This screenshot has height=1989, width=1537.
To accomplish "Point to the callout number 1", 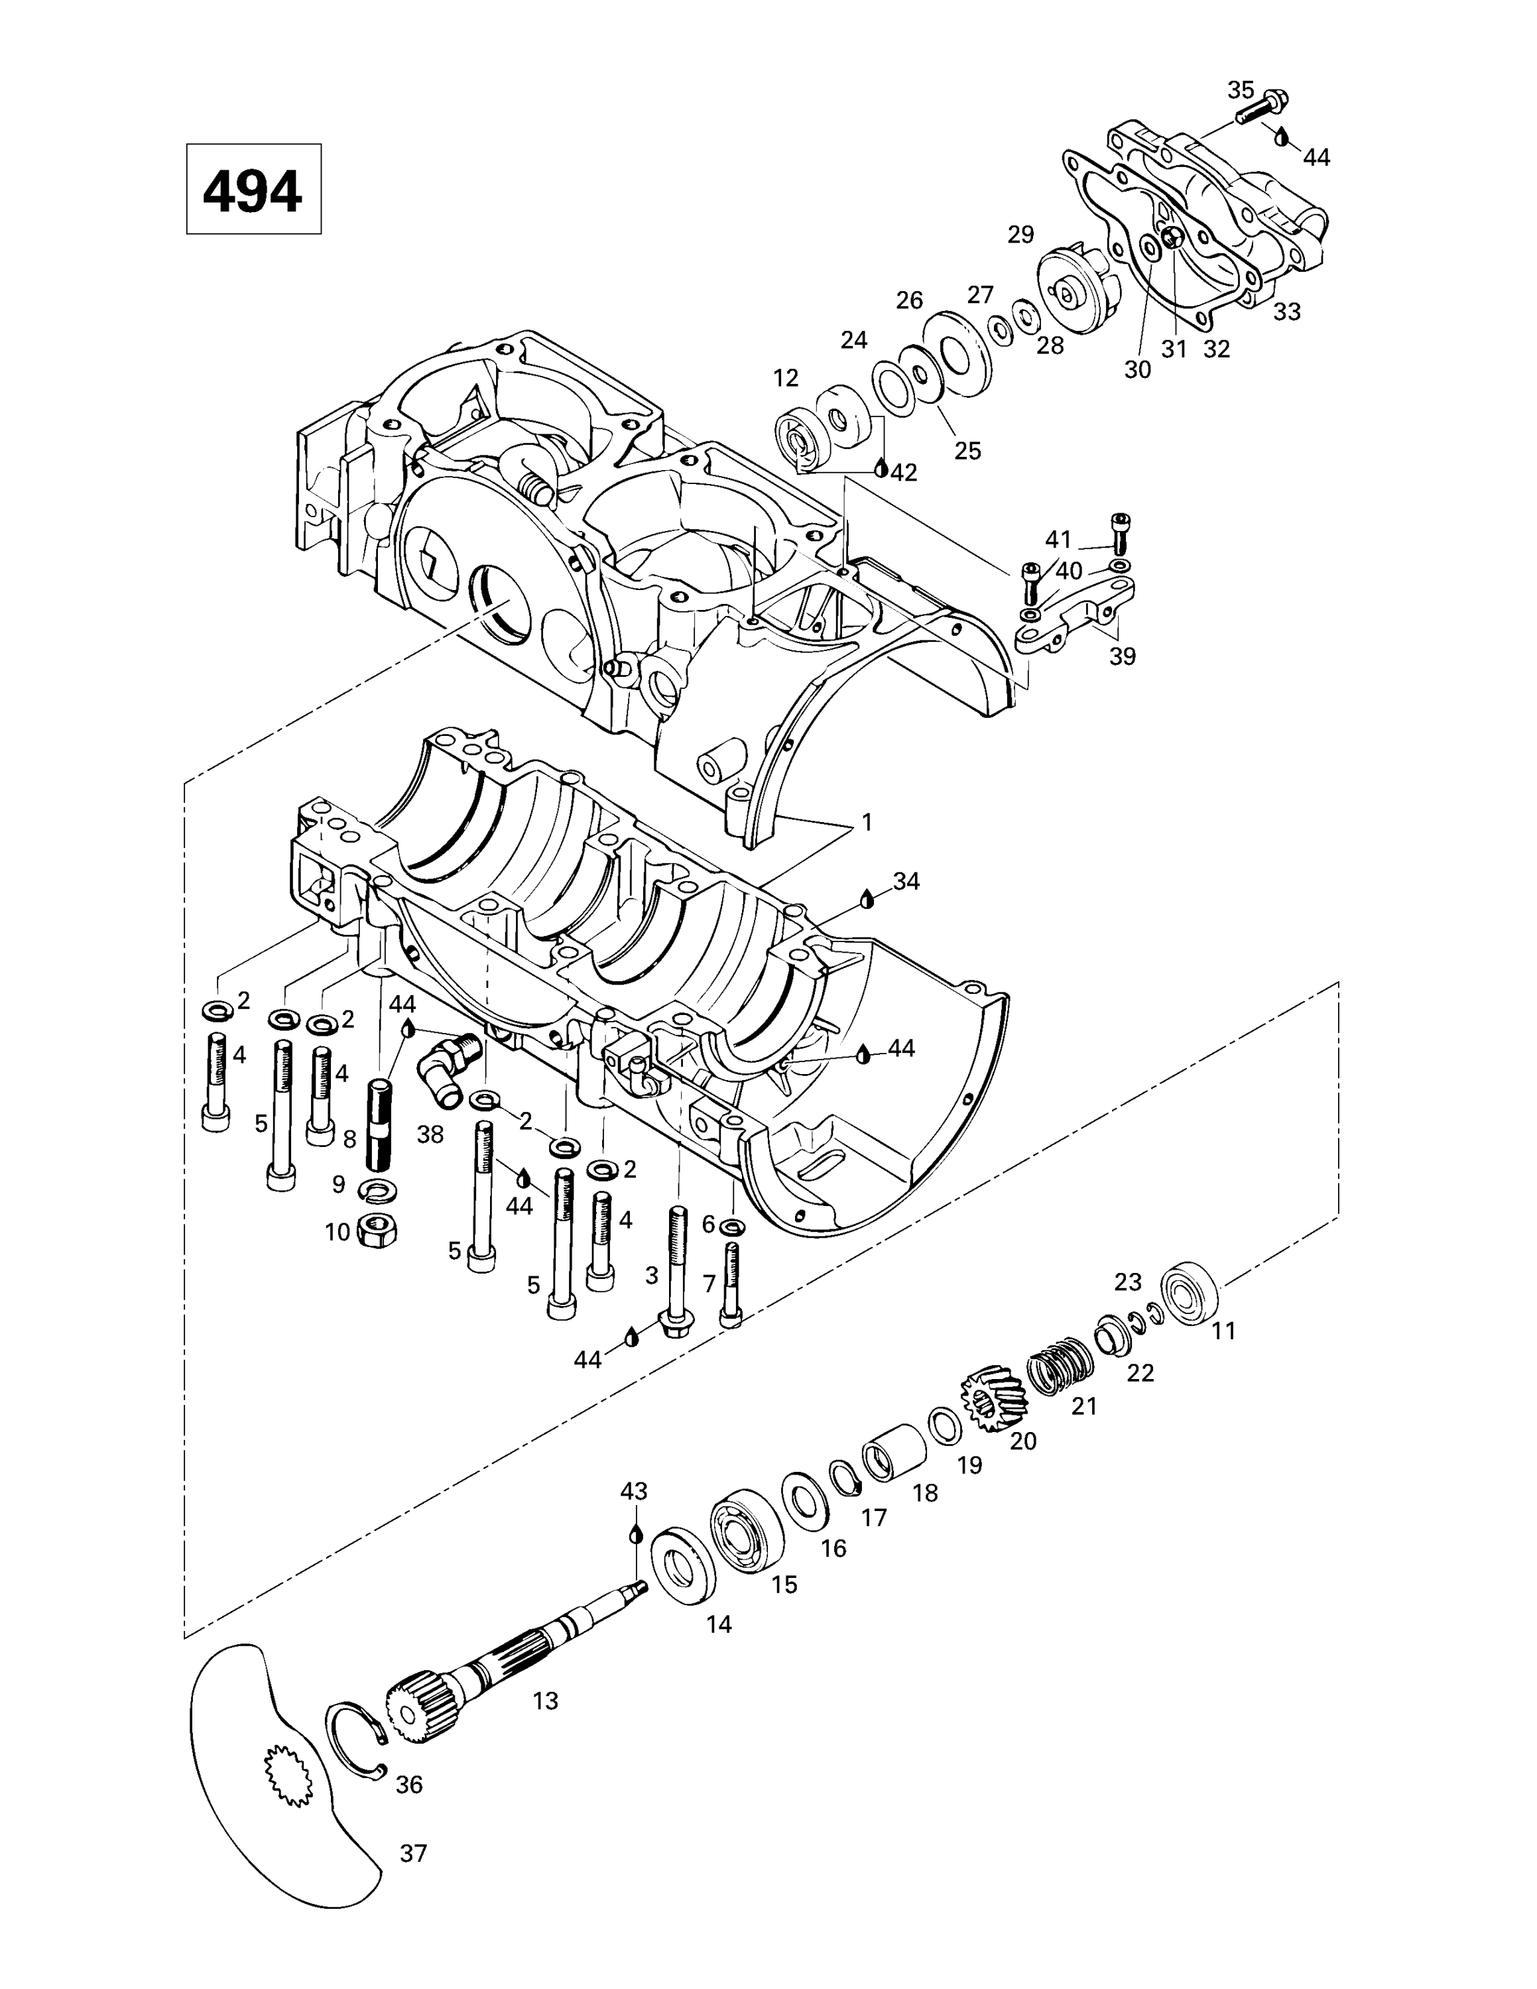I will (867, 822).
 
